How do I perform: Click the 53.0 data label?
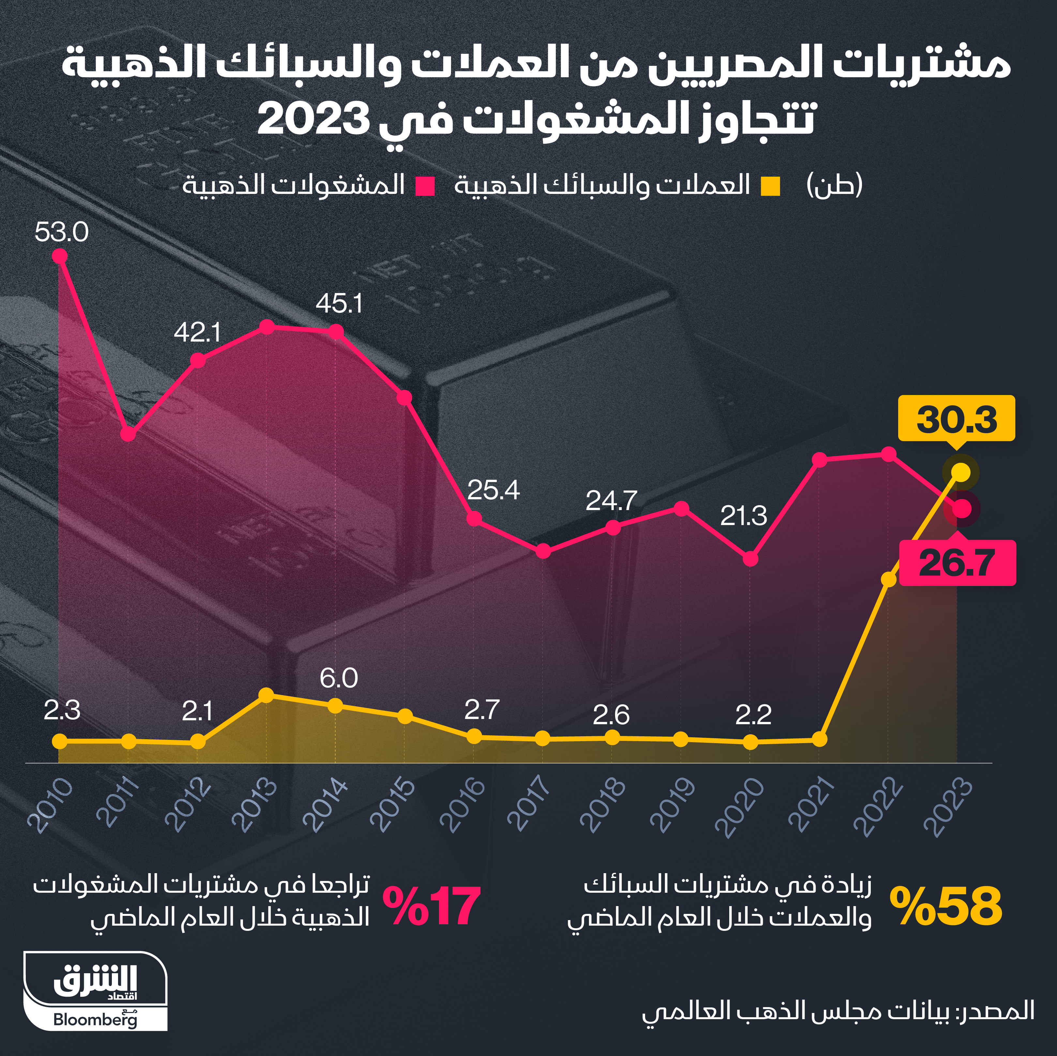coord(61,232)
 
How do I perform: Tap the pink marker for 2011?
coord(128,434)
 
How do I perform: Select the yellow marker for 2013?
coord(266,695)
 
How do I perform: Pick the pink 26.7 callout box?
coord(958,563)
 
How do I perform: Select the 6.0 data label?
coord(339,679)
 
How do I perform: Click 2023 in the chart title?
coord(311,119)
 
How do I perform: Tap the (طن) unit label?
coord(834,185)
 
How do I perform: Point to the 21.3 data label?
coord(744,516)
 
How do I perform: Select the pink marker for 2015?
coord(404,398)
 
